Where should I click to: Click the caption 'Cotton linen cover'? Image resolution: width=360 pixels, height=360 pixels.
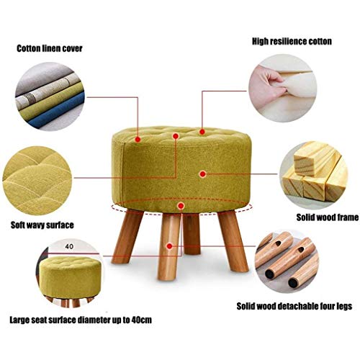tap(49, 49)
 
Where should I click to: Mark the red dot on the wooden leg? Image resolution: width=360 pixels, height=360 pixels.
tap(170, 246)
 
